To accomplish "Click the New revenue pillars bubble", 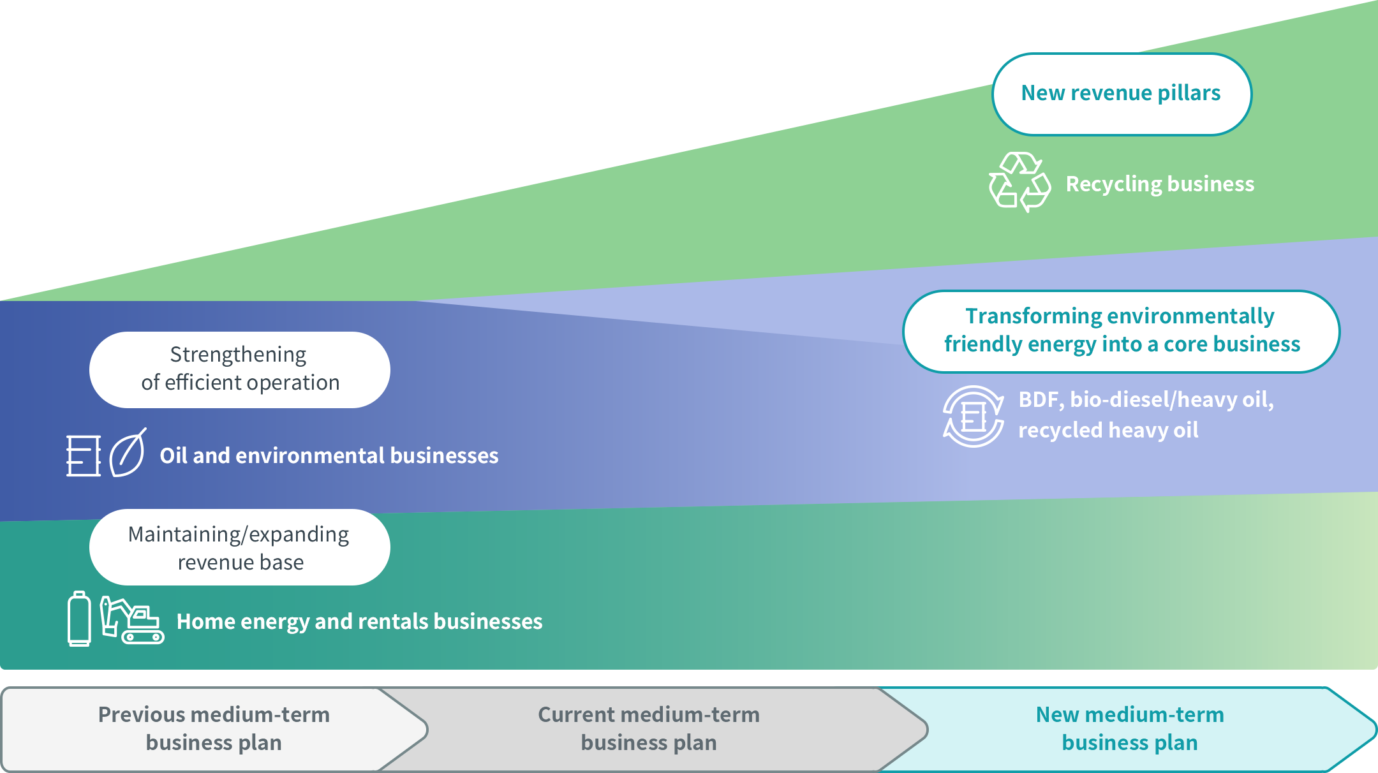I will coord(1122,94).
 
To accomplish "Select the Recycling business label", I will coord(1160,184).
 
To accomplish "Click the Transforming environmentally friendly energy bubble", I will coord(1121,331).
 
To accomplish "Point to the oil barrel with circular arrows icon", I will coord(974,416).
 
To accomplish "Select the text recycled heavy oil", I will coord(1108,431).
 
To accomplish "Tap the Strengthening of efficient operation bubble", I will coord(240,369).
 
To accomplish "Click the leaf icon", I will coord(128,453).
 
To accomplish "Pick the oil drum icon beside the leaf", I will coord(84,455).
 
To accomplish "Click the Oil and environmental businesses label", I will coord(329,456).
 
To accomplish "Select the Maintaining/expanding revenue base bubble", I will coord(240,547).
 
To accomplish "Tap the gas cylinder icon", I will coord(79,619).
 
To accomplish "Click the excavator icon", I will coord(132,620).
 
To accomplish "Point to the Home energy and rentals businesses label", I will coord(359,622).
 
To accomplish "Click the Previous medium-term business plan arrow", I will coord(214,729).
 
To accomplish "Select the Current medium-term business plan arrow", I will coord(649,729).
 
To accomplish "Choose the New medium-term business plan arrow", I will coord(1129,729).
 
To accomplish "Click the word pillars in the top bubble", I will coord(1189,94).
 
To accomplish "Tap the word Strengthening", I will coord(238,355).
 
